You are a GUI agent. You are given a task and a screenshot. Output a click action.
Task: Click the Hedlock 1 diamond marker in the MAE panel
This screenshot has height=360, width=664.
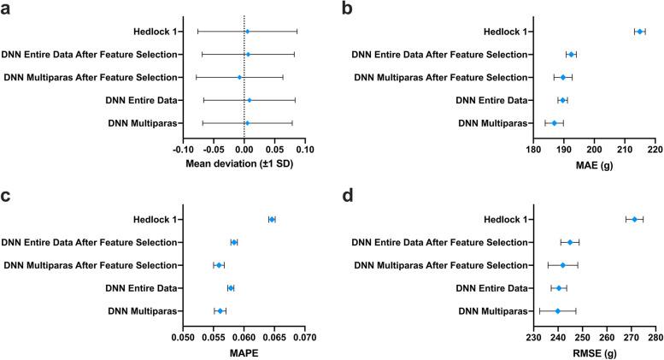tap(639, 32)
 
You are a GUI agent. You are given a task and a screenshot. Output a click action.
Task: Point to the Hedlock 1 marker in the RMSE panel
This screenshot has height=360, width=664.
tap(634, 220)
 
